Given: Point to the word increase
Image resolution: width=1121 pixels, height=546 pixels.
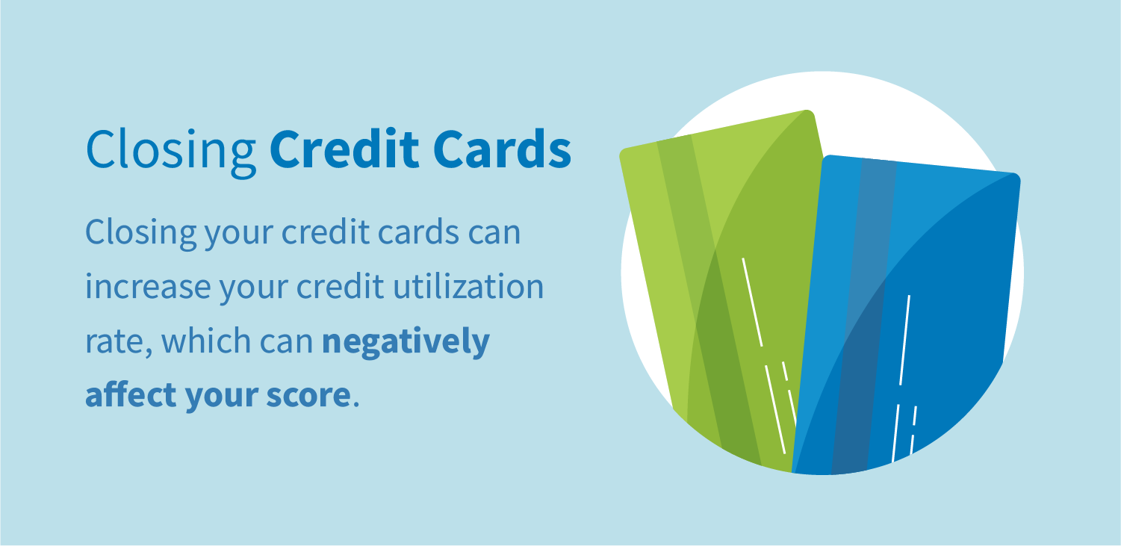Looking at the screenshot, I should point(140,287).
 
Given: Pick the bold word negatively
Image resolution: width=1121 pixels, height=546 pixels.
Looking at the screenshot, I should point(406,341).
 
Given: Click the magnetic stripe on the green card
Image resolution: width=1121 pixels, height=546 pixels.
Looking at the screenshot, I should point(702,299).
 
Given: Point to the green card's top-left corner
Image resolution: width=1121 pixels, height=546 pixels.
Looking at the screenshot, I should point(624,153).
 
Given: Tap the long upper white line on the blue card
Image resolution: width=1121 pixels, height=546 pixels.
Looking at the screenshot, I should point(904,340).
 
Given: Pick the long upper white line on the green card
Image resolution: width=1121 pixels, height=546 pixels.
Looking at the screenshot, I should point(751,302).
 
